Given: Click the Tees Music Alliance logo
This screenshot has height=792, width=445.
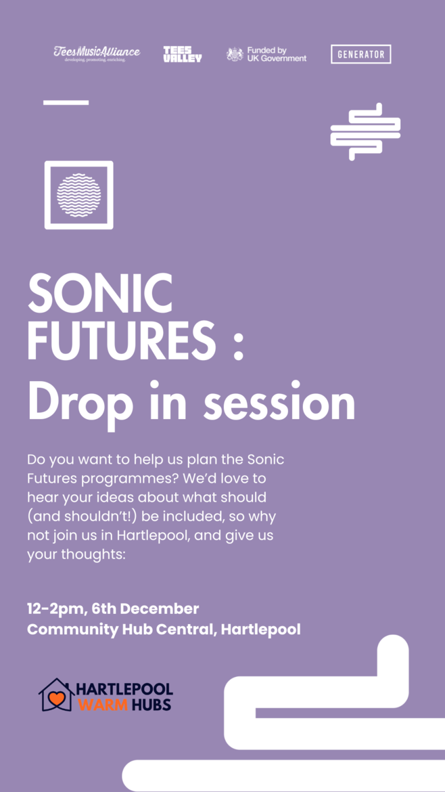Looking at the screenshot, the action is tap(97, 53).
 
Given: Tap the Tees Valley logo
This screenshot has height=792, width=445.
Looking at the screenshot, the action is tap(182, 54).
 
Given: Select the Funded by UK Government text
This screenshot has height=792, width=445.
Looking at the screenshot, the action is tap(277, 54).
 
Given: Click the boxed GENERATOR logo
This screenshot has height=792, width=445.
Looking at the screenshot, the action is tap(360, 54).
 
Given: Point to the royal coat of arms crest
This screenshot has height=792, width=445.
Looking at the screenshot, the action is tap(235, 54).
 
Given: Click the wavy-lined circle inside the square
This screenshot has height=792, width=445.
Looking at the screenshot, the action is tap(78, 195).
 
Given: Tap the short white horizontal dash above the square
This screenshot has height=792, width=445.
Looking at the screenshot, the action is tap(66, 102).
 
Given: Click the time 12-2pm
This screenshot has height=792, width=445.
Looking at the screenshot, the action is tap(55, 609).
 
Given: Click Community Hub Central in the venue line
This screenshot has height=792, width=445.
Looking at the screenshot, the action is tap(121, 630).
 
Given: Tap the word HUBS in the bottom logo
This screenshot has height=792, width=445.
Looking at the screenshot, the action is tap(152, 704).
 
